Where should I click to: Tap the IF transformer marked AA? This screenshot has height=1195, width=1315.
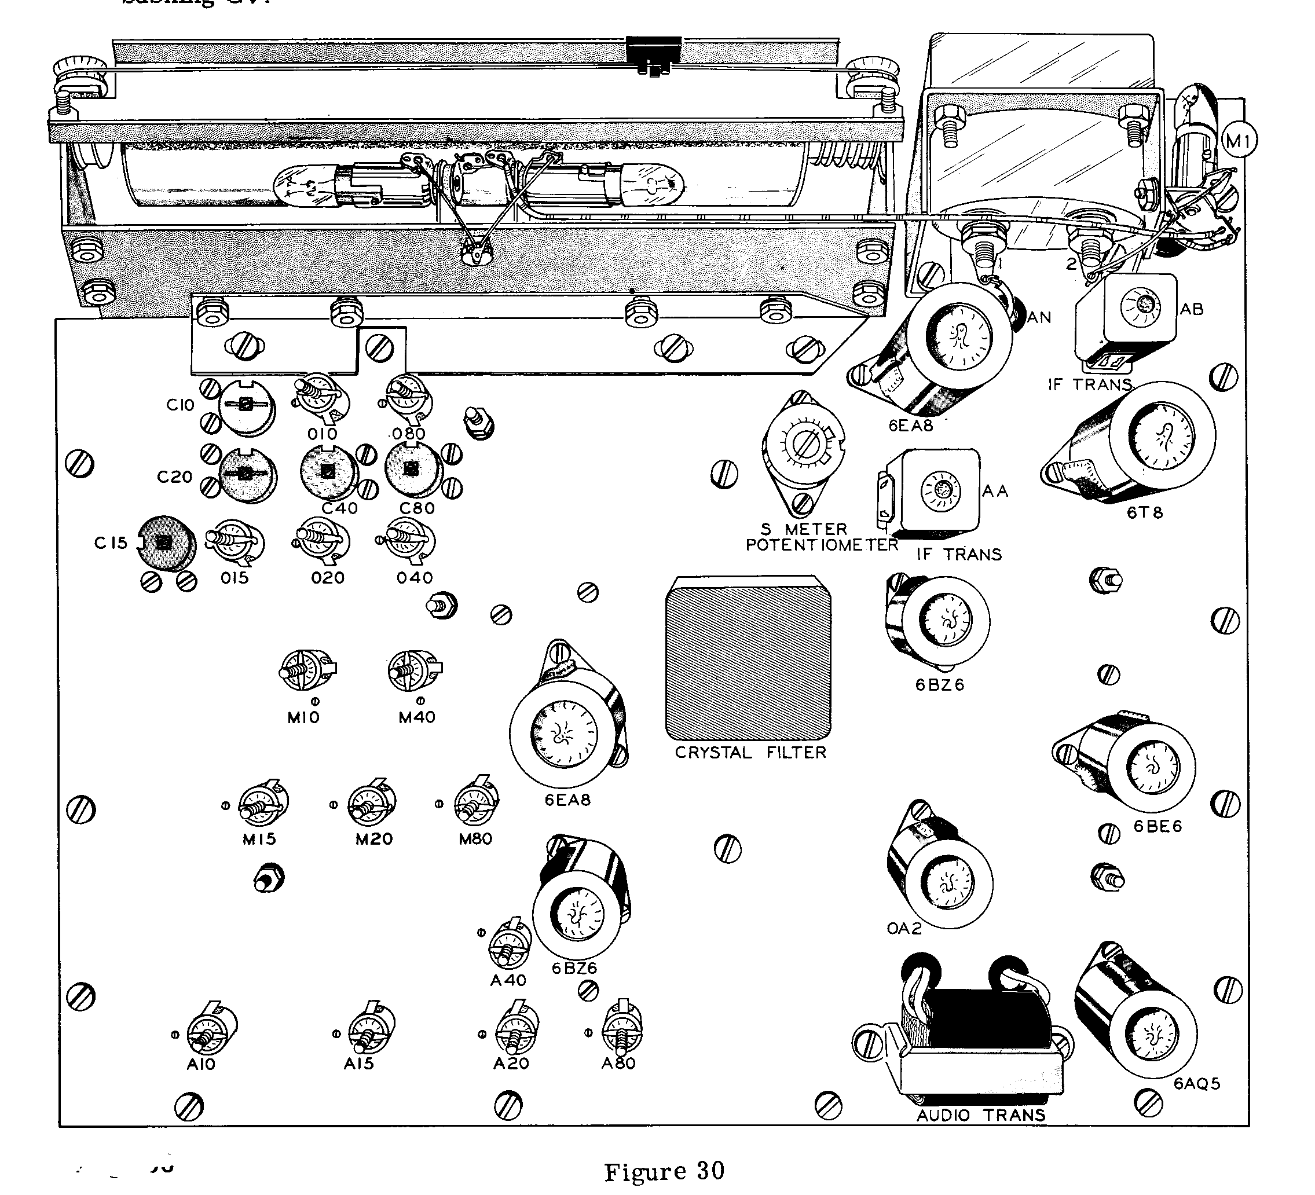[x=939, y=490]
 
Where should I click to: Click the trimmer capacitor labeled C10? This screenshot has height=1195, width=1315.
[x=246, y=406]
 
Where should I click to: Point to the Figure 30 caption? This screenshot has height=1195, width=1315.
[x=664, y=1171]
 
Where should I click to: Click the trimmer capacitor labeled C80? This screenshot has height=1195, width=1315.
[x=411, y=469]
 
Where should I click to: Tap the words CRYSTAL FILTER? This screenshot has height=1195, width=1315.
[x=750, y=753]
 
